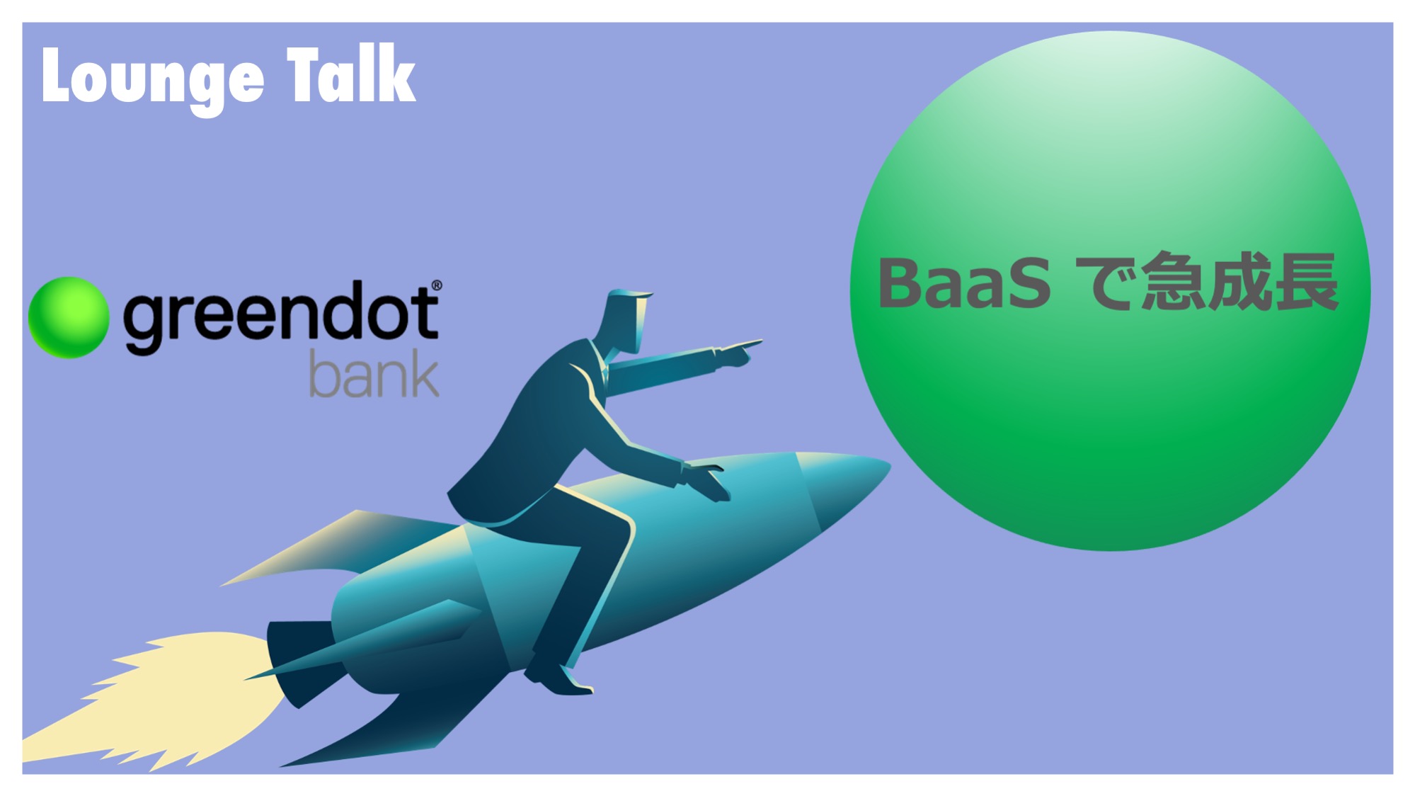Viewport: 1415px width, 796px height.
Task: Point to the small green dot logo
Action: pos(69,317)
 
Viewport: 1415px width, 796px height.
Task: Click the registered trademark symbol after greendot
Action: pos(436,285)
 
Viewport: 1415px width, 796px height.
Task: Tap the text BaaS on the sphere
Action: pos(963,284)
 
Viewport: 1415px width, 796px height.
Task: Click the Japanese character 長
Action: pos(1305,282)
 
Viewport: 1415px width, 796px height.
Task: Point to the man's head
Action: pos(626,319)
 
